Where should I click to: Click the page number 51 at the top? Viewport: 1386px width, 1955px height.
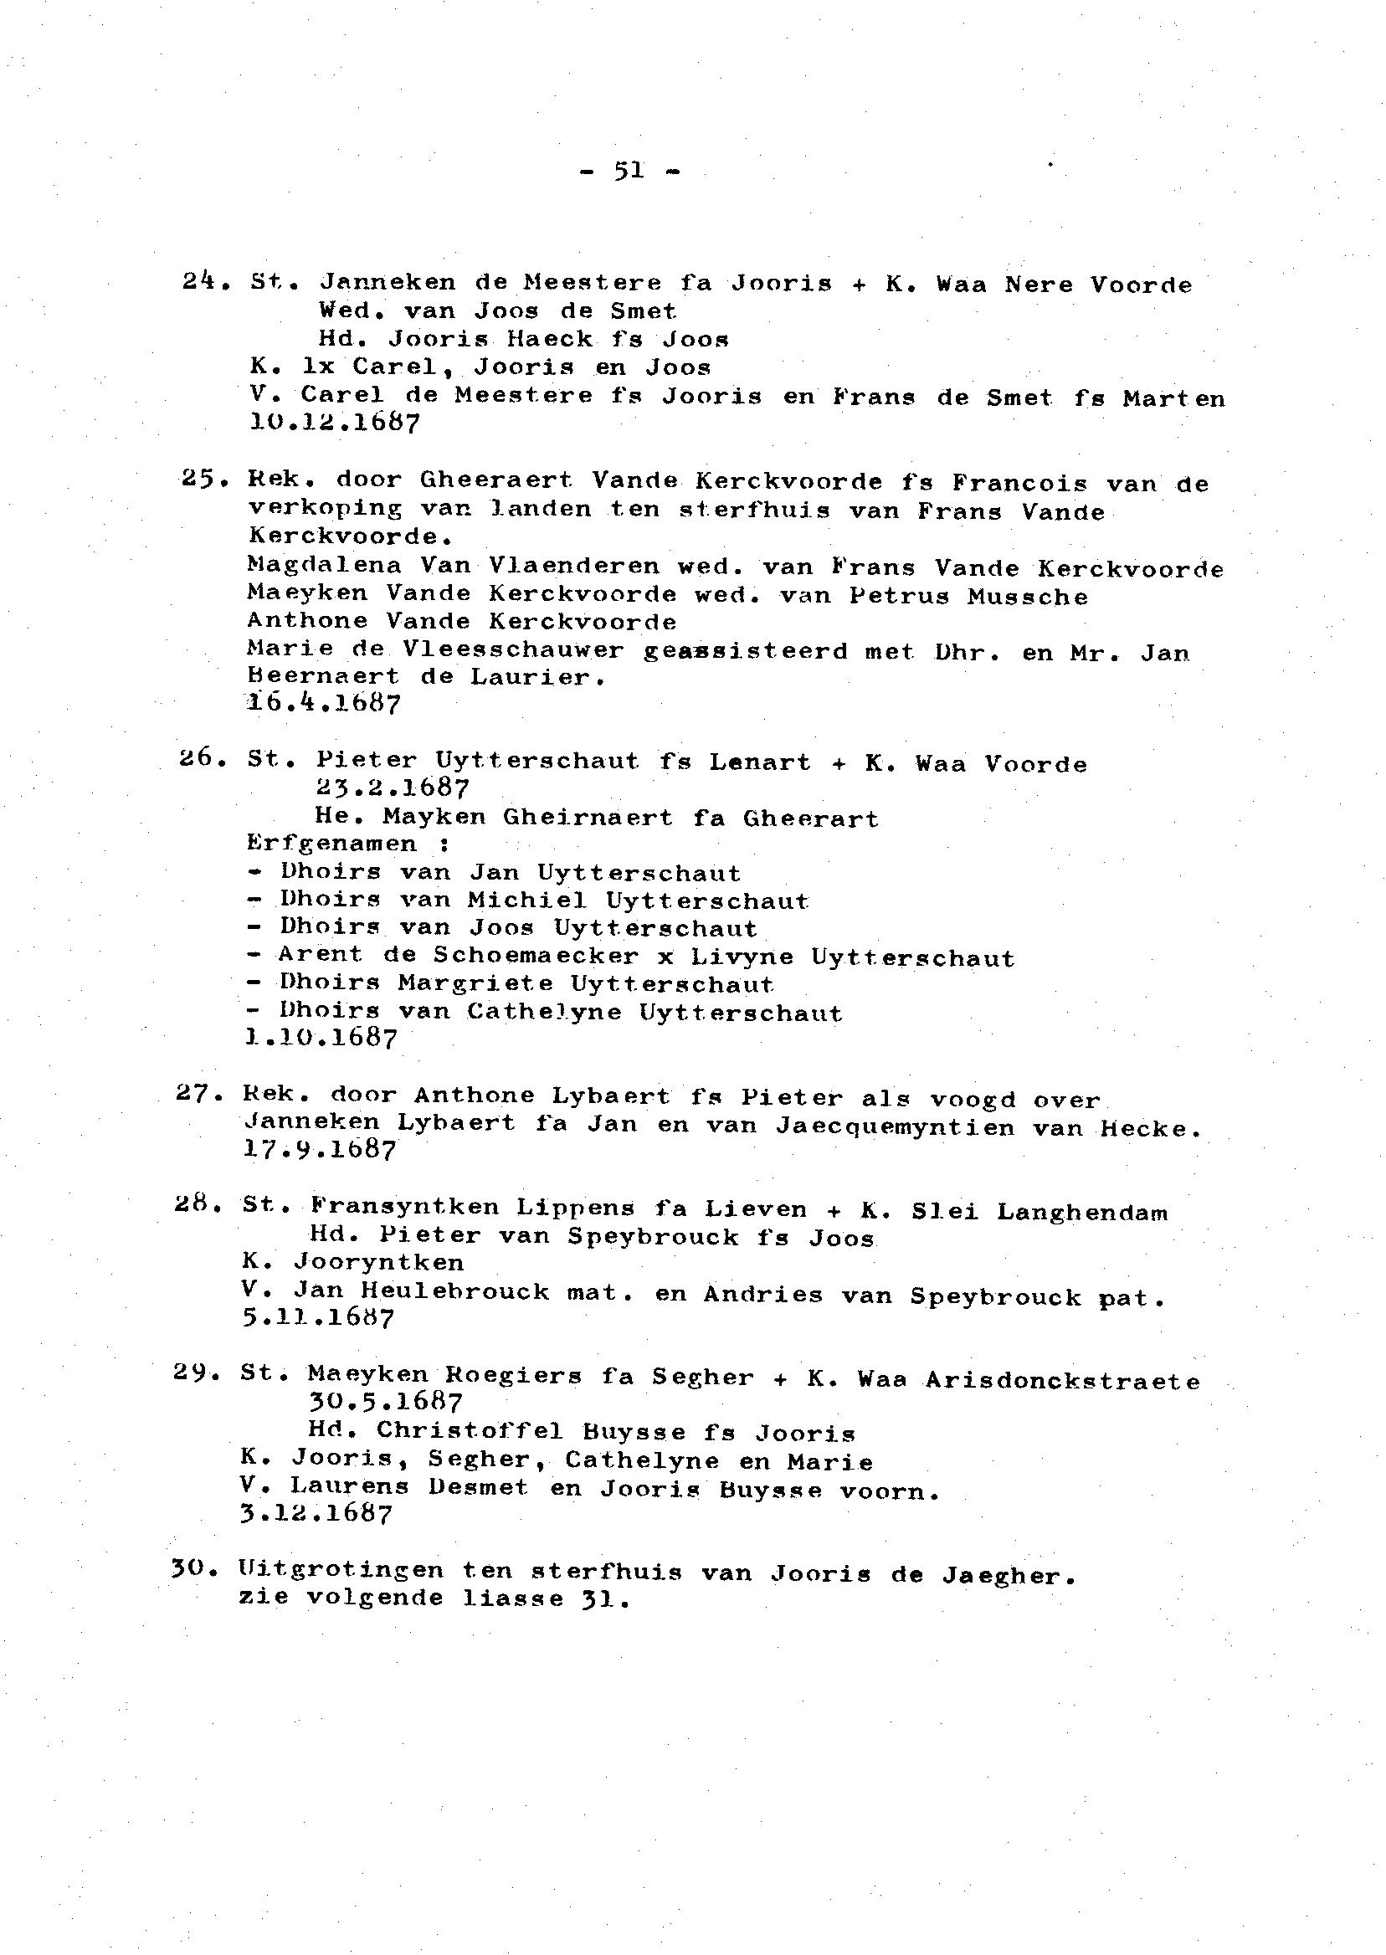(629, 172)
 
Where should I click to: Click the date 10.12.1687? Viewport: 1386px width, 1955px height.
(334, 423)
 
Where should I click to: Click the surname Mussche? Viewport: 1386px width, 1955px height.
(1028, 596)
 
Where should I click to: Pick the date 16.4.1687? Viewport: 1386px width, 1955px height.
(322, 703)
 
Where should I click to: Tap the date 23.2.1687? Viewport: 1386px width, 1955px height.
(392, 787)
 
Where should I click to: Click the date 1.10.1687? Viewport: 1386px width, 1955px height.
(321, 1039)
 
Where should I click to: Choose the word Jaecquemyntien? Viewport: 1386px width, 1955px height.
(896, 1126)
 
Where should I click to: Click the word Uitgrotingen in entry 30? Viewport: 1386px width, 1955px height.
(341, 1571)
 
